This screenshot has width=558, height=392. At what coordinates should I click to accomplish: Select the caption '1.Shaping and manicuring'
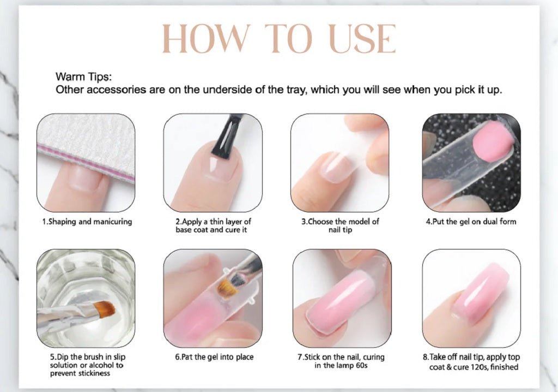click(87, 222)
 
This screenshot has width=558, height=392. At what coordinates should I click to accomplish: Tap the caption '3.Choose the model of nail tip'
click(340, 225)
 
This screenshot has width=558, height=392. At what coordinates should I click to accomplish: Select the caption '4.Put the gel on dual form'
click(471, 222)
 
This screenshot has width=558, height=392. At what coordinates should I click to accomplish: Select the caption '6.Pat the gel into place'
click(214, 357)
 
